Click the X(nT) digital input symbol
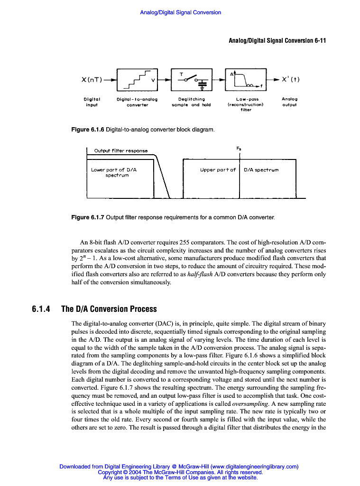(92, 79)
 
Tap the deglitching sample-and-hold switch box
(192, 79)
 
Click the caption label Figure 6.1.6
(88, 129)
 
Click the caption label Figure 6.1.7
(88, 217)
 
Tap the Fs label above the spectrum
(239, 149)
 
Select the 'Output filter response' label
(121, 151)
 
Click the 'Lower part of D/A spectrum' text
(114, 172)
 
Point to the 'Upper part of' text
(218, 169)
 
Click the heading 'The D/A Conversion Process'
(109, 309)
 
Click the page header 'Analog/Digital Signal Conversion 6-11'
(277, 41)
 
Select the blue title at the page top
(180, 12)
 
